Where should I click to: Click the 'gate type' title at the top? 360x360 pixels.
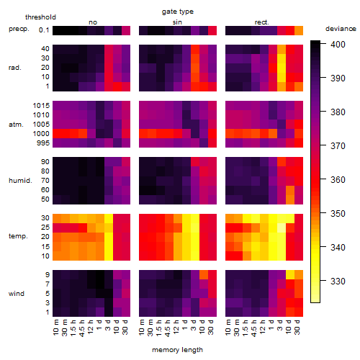(x=178, y=12)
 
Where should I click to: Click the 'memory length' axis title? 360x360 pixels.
(x=177, y=350)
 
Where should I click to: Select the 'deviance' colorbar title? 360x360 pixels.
(x=341, y=29)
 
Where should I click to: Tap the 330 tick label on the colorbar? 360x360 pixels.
(x=338, y=281)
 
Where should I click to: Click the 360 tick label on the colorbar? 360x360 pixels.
(x=338, y=180)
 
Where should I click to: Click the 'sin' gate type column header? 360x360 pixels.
(x=177, y=22)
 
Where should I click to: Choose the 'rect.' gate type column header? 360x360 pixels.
(x=262, y=22)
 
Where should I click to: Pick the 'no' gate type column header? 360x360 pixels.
(x=93, y=22)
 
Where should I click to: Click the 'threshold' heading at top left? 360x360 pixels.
(x=40, y=17)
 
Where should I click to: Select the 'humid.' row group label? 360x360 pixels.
(x=20, y=181)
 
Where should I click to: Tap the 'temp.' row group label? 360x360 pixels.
(x=18, y=236)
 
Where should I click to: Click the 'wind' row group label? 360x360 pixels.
(x=17, y=294)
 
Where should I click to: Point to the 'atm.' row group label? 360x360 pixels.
(x=16, y=125)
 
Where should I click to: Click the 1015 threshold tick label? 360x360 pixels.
(x=41, y=106)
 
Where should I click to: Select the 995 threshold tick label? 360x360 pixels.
(x=43, y=143)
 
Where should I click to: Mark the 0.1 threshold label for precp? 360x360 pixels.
(x=44, y=30)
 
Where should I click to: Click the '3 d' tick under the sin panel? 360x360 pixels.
(x=194, y=325)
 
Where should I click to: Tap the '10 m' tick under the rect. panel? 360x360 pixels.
(x=228, y=327)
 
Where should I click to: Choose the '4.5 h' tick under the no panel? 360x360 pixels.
(x=81, y=328)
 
